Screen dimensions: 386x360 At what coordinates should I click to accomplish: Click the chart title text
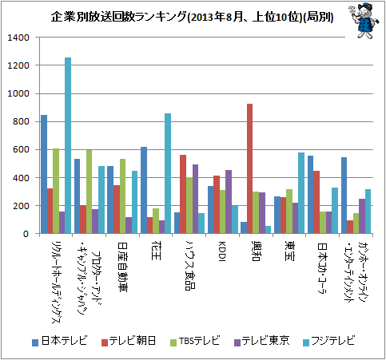point(192,18)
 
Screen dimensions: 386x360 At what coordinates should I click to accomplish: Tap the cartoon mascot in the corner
point(364,21)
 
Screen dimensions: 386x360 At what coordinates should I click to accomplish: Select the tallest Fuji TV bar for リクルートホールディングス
point(68,145)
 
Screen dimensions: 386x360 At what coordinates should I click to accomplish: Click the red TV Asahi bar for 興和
point(249,168)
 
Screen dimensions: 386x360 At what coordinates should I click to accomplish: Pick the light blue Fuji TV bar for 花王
point(168,173)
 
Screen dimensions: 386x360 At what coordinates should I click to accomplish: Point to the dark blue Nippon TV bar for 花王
point(144,190)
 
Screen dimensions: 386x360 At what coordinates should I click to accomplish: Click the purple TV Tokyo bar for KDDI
point(229,202)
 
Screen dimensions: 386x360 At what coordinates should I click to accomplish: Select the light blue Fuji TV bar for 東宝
point(301,193)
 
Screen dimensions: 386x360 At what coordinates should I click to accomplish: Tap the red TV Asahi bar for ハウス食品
point(183,194)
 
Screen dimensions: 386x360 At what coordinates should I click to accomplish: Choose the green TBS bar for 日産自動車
point(122,196)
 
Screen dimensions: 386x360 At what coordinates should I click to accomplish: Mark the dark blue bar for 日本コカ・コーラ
point(310,195)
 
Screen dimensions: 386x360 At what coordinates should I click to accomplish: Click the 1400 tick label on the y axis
point(18,38)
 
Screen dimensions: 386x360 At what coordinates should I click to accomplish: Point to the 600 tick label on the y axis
point(21,149)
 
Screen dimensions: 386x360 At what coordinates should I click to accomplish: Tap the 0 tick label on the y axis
point(26,234)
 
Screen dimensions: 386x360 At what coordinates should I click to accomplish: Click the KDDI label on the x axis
point(222,251)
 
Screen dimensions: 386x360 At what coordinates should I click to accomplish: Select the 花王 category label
point(156,251)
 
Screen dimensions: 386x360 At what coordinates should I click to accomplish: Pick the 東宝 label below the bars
point(289,251)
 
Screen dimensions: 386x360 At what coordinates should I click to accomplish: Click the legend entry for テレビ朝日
point(129,341)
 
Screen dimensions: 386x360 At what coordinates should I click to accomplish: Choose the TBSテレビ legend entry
point(195,341)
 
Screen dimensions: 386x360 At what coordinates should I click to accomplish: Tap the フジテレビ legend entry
point(329,341)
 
